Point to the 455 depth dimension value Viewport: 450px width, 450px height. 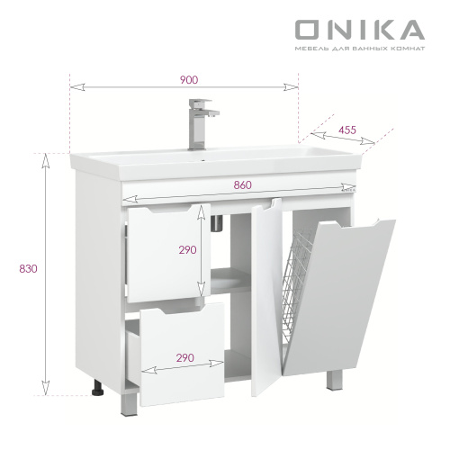coord(346,130)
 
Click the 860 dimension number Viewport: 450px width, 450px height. coord(241,184)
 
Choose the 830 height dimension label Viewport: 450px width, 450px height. coord(17,267)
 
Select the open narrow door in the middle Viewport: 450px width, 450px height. coord(265,297)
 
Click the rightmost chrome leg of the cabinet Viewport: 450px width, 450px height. coord(334,382)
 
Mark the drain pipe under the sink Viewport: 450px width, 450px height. coord(217,221)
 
